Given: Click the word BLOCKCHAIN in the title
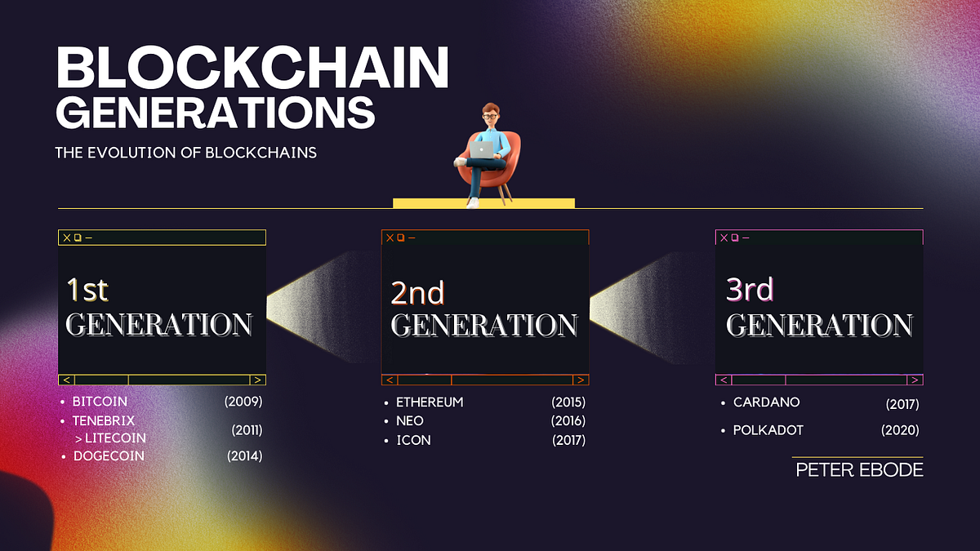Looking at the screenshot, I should coord(252,69).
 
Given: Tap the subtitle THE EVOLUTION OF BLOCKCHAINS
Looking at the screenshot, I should coord(185,153).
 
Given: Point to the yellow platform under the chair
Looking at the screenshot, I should coord(483,202).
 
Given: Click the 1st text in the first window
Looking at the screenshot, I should coord(87,289).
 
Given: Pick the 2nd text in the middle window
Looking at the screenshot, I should coord(417,292).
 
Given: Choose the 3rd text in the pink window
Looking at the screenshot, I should coord(749,289).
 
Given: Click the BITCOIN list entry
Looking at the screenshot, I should coord(100,402).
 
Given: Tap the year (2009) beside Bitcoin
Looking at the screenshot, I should coord(243,402).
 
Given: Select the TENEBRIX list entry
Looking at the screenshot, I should coord(104,420).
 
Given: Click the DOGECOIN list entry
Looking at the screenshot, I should coord(108,455).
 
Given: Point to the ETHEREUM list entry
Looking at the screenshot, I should coord(430,402).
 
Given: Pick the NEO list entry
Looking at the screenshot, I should coord(410,421).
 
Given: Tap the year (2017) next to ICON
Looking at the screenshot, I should coord(568,440).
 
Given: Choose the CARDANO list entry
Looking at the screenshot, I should coord(766,402).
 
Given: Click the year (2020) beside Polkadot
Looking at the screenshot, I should coord(900,430).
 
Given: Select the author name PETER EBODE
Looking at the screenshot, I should coord(859,470).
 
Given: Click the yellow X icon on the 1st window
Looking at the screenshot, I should coord(66,238).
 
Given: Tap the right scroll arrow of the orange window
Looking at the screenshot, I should coord(581,380).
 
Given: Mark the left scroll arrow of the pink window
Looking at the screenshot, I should coord(724,380).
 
